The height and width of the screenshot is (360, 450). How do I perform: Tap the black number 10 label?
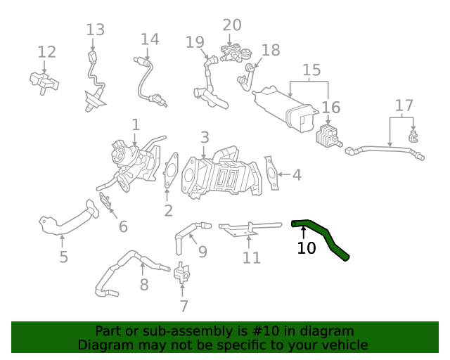point(307,248)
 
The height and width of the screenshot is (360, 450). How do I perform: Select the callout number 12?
point(46,52)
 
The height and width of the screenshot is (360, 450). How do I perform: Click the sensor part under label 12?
point(44,82)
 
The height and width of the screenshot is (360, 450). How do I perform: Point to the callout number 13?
point(95,30)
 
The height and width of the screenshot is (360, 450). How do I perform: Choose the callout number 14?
point(150,39)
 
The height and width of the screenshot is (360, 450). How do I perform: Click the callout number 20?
point(232,25)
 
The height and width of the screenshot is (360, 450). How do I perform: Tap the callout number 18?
point(271,50)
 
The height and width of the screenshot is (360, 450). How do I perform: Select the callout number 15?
point(311,70)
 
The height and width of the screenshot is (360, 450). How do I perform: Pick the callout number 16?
point(330,108)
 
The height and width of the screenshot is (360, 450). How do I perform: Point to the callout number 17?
point(404,106)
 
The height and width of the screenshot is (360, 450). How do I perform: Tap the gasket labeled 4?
point(271,174)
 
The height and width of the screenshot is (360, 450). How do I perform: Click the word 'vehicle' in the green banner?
point(342,345)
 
